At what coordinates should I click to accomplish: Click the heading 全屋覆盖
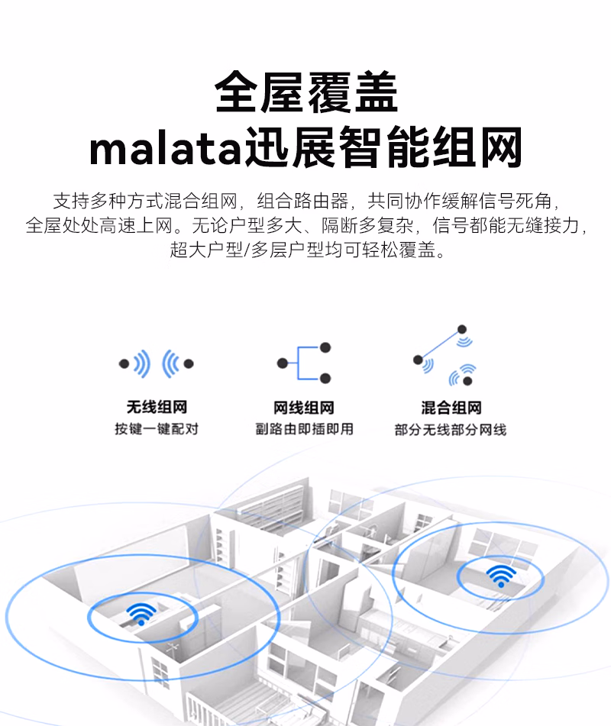click(305, 94)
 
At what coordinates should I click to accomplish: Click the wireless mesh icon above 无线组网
click(157, 364)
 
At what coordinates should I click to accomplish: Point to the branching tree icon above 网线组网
click(304, 363)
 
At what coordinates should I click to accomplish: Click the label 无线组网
click(157, 408)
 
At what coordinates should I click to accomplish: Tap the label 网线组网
click(304, 408)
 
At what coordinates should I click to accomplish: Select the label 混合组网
click(451, 408)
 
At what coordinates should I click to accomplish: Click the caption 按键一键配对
click(157, 429)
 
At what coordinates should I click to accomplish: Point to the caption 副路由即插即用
click(304, 429)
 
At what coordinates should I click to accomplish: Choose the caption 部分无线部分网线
click(451, 429)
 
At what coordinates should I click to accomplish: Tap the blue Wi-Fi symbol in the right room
click(500, 574)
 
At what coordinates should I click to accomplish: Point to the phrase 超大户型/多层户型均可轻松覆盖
click(305, 250)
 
